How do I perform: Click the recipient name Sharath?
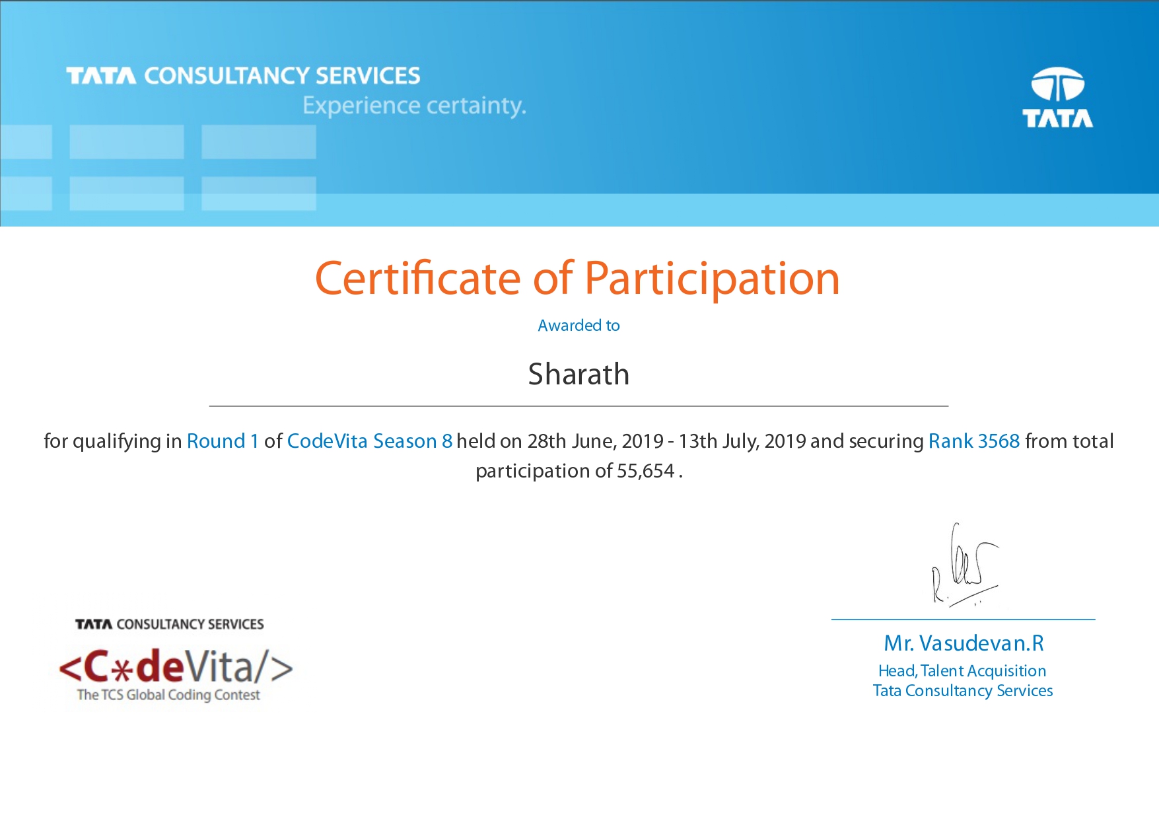[579, 374]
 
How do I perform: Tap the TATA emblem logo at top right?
[1057, 97]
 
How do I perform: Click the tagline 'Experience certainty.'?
[414, 106]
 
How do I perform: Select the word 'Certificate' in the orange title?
[418, 278]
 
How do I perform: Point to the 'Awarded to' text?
[579, 325]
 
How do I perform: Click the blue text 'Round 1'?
[223, 441]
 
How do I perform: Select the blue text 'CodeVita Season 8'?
[370, 441]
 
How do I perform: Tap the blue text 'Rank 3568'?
[974, 441]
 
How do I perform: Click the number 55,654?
[645, 471]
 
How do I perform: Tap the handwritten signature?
[964, 565]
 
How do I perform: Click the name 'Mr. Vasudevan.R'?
[964, 643]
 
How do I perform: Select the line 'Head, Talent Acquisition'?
[962, 670]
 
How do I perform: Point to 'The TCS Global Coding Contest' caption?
[168, 695]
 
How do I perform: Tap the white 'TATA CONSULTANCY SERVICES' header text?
[243, 76]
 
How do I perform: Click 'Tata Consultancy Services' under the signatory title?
[963, 691]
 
